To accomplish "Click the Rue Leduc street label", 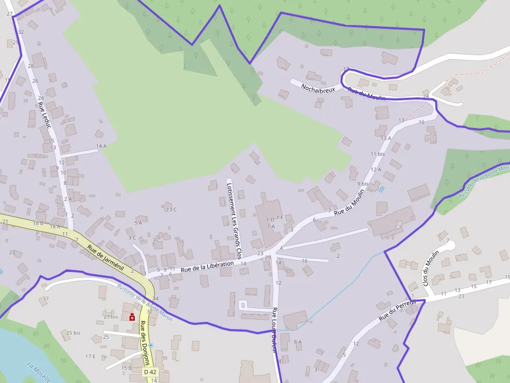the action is coord(44,115).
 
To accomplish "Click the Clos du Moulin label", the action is coord(431,268).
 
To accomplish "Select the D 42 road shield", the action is coord(150,372).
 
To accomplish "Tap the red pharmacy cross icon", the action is coord(132,317).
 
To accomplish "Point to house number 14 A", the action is coord(101,146).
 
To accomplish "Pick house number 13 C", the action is coord(171,209).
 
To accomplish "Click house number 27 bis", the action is coord(111,316).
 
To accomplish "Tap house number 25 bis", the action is coord(73,333).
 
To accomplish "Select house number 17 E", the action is coord(91,356).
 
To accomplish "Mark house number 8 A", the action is coord(298,341).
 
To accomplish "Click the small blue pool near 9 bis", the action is coord(382,189).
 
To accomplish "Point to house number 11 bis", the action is coord(377,154).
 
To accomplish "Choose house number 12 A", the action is coord(375,169).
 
